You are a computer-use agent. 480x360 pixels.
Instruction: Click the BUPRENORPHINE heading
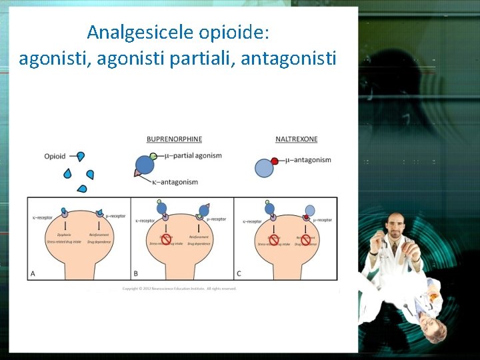[174, 139]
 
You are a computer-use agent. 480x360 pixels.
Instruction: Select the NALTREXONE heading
[297, 139]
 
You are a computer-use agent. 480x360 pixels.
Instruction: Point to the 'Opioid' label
[55, 157]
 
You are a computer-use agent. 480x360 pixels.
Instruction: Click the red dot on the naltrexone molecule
[274, 161]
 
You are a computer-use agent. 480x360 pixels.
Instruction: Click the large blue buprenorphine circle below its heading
[145, 165]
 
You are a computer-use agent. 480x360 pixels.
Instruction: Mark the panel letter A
[33, 273]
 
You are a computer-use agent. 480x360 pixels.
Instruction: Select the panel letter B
[137, 273]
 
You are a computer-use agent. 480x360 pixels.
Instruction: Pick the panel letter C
[239, 273]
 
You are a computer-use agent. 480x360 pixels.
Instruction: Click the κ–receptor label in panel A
[42, 218]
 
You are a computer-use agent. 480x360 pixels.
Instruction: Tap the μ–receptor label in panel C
[322, 220]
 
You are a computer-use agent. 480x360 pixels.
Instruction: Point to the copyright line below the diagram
[179, 289]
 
